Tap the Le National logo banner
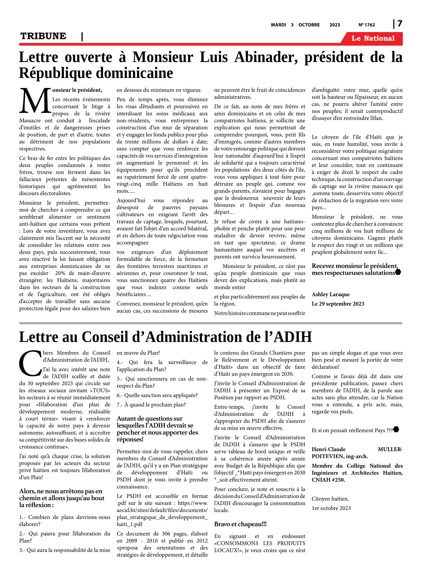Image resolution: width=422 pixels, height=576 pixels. click(x=373, y=38)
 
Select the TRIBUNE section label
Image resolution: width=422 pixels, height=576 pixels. click(x=43, y=36)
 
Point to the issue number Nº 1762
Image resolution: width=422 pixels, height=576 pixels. click(x=367, y=25)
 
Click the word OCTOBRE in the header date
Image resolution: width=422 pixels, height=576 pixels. click(x=309, y=25)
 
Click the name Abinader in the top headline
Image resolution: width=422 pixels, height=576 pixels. click(x=266, y=57)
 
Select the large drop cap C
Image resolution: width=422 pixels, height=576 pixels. click(x=30, y=363)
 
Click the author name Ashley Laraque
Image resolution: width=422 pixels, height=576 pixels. click(x=331, y=295)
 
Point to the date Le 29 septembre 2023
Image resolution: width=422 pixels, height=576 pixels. click(x=338, y=304)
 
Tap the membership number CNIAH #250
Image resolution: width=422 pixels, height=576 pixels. click(x=328, y=480)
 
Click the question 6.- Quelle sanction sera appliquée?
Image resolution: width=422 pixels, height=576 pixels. click(x=157, y=396)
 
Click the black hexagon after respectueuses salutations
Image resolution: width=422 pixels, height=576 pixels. click(x=398, y=272)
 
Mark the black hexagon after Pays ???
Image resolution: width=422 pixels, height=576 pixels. click(x=396, y=430)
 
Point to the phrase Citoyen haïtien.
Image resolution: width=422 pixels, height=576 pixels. click(x=330, y=499)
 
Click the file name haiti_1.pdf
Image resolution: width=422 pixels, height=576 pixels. click(x=129, y=524)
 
